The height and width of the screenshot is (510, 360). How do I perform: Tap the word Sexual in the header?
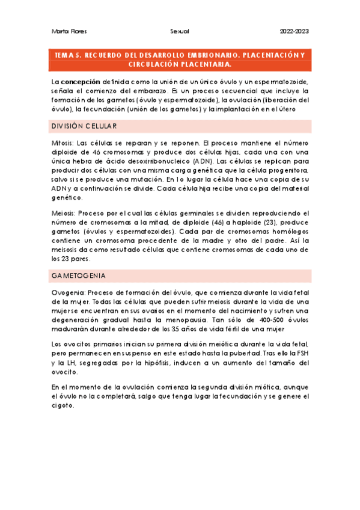[x=180, y=31]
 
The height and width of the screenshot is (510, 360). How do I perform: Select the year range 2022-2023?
[x=295, y=31]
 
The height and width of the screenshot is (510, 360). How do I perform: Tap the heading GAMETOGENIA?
[x=79, y=275]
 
